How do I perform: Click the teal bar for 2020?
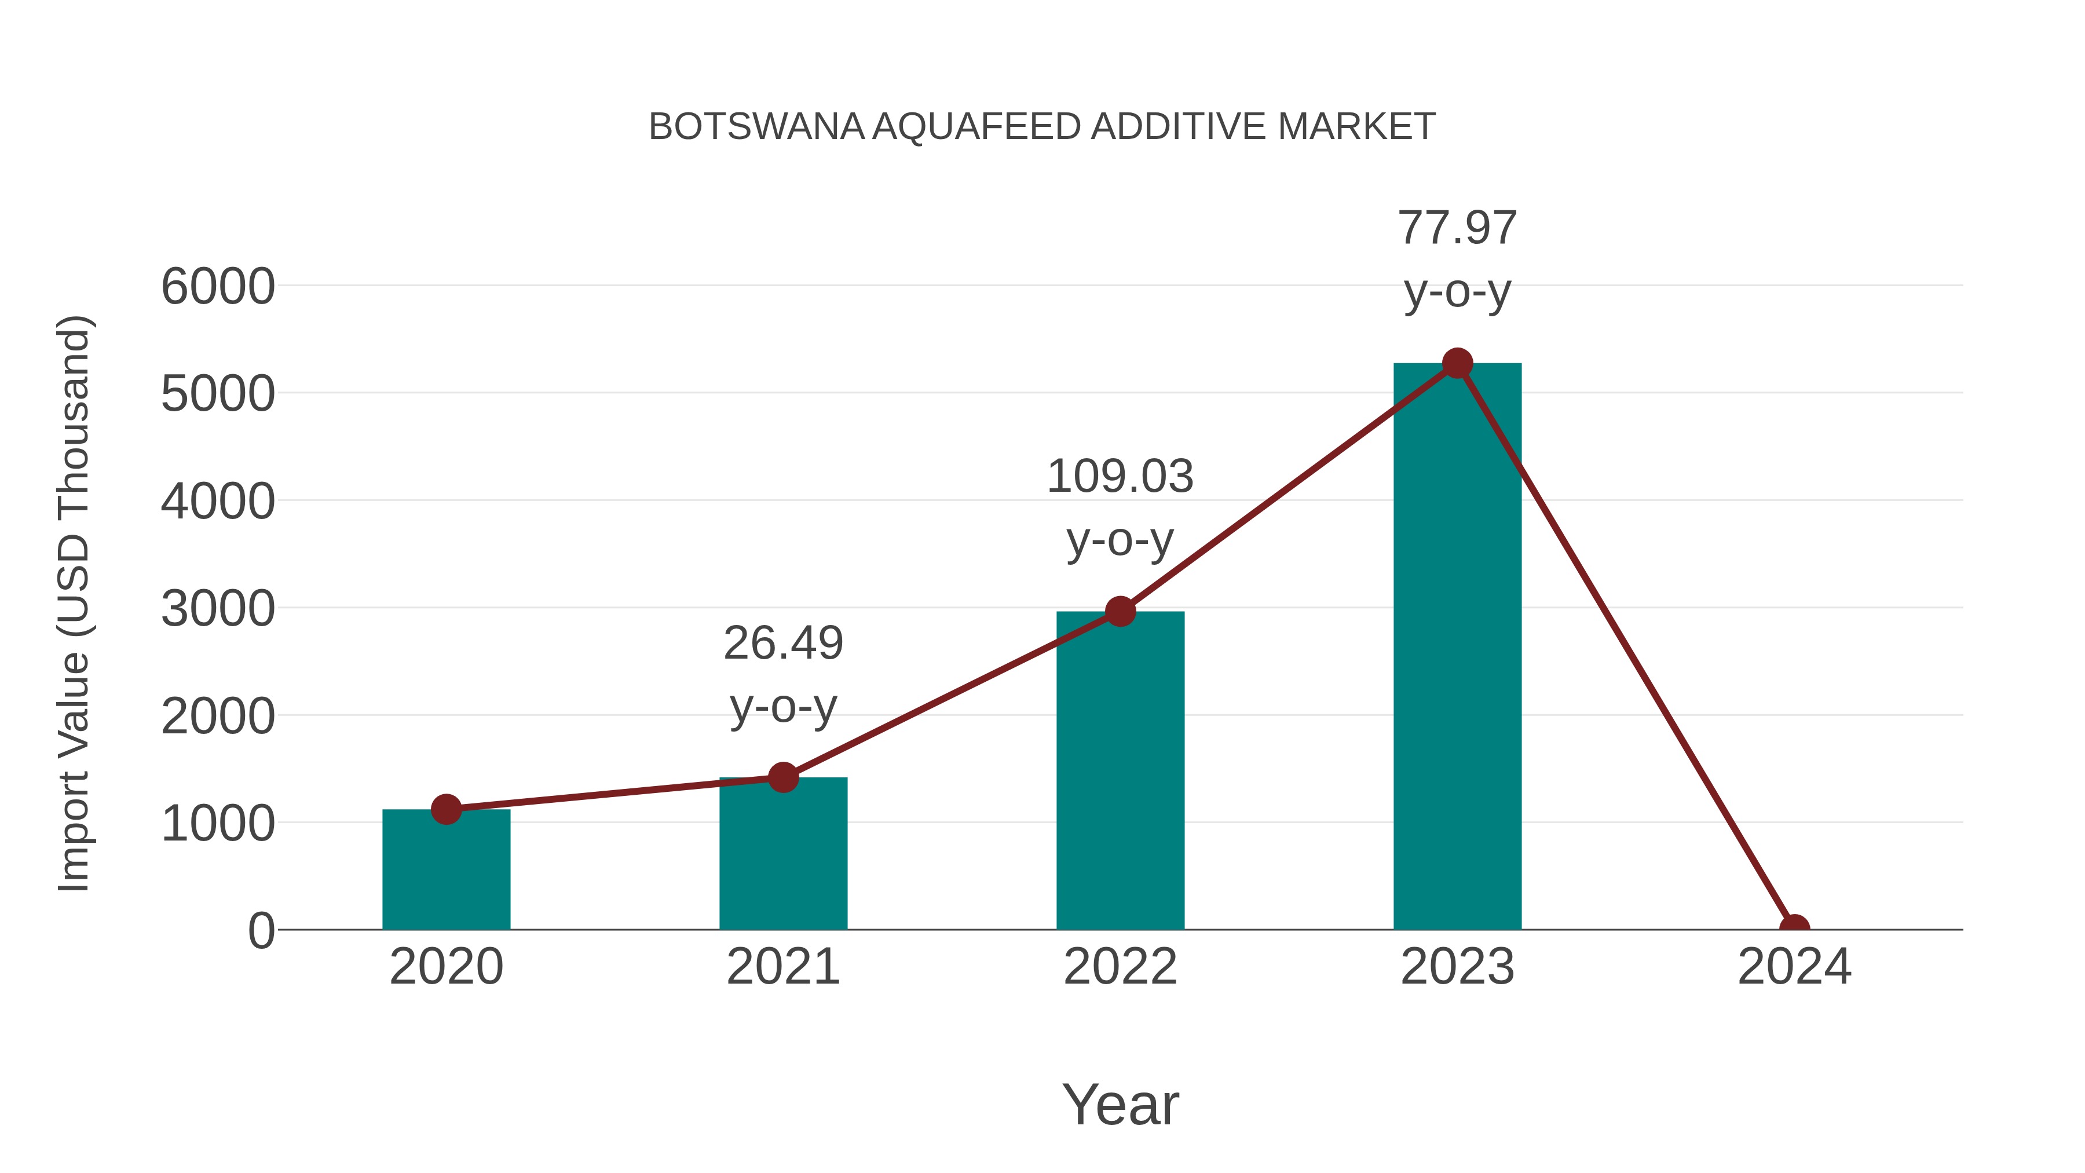tap(446, 870)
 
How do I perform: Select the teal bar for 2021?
tap(782, 854)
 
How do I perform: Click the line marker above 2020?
tap(446, 809)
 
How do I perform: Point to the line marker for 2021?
tap(782, 777)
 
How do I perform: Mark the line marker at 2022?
tap(1120, 611)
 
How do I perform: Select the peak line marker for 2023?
tap(1457, 363)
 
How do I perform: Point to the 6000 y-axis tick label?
tap(218, 287)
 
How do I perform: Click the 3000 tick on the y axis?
tap(218, 609)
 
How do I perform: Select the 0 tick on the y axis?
tap(261, 931)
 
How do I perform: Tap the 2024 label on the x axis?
tap(1794, 967)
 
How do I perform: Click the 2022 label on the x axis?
tap(1120, 967)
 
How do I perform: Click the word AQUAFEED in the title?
tap(976, 127)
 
